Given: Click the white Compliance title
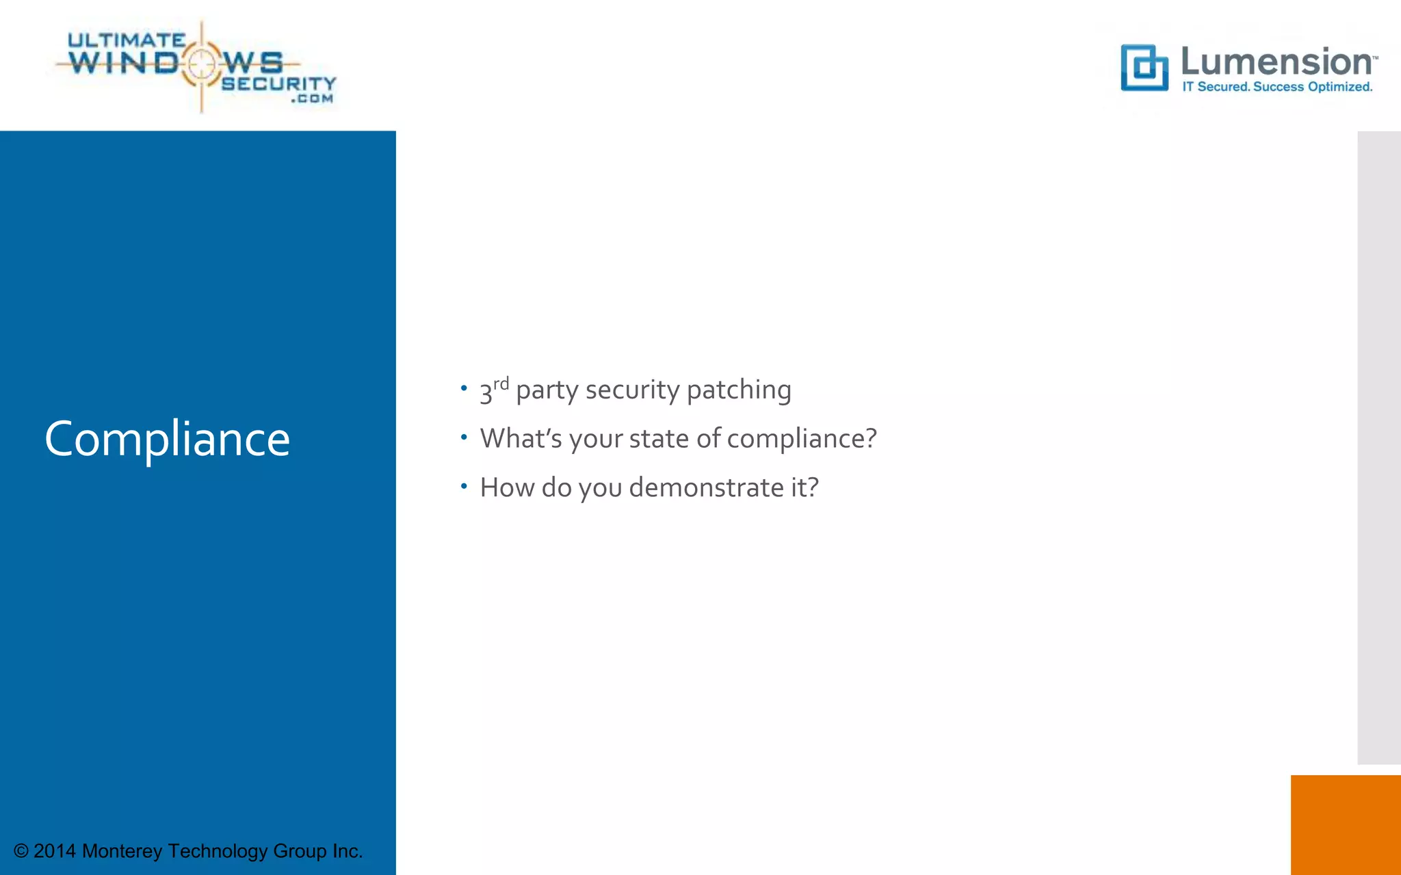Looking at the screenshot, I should [x=167, y=439].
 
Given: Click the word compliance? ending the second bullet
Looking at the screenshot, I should [x=801, y=439].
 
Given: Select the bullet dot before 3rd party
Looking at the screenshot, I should [x=464, y=388].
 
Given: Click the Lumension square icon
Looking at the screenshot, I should [x=1144, y=68].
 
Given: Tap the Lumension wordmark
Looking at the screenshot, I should [x=1276, y=62].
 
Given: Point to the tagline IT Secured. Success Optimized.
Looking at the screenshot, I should [x=1277, y=87].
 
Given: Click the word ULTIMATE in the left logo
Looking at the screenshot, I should [x=126, y=40].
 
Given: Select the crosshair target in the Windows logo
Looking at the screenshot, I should [x=201, y=64].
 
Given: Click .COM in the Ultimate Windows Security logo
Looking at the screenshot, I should [x=312, y=99].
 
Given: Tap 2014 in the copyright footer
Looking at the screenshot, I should [x=54, y=851].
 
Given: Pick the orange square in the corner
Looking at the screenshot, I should [x=1345, y=824].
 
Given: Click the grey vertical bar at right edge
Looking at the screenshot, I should [x=1378, y=447].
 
